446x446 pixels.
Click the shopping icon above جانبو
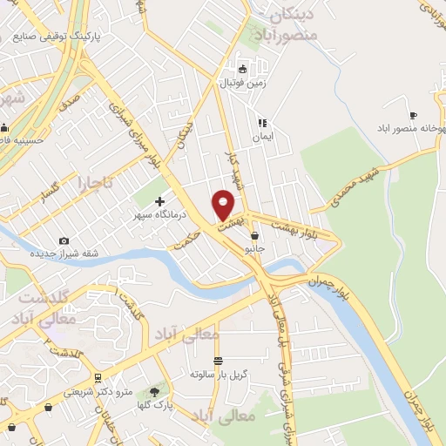pyautogui.click(x=254, y=235)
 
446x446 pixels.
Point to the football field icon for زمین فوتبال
pyautogui.click(x=243, y=70)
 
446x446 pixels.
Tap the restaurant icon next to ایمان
pyautogui.click(x=261, y=124)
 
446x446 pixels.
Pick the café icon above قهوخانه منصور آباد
pyautogui.click(x=413, y=115)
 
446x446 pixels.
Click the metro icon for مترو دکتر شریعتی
pyautogui.click(x=98, y=378)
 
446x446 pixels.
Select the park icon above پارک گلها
pyautogui.click(x=156, y=392)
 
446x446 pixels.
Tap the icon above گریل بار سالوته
pyautogui.click(x=218, y=360)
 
